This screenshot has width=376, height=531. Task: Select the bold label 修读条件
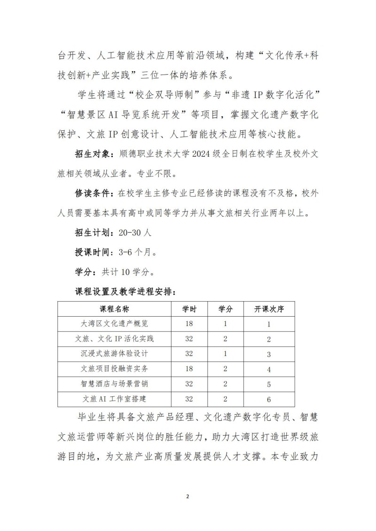coord(92,194)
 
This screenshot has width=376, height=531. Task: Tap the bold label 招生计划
coord(92,232)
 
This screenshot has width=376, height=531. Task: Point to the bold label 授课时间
coord(92,252)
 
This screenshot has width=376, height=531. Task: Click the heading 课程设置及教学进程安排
coord(125,291)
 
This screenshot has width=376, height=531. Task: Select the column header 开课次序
coord(268,309)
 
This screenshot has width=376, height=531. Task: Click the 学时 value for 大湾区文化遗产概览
coord(189,324)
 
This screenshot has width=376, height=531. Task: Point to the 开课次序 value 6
coord(268,400)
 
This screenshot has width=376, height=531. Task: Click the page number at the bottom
coord(188,496)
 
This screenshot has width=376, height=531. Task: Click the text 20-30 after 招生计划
coord(130,233)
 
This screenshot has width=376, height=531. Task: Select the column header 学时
coord(189,309)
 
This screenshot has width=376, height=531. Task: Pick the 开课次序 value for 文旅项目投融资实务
coord(268,370)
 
